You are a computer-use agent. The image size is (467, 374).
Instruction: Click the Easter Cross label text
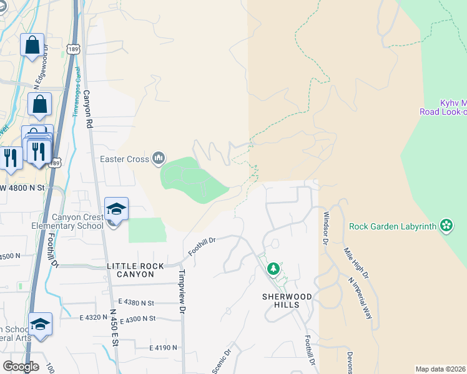125,159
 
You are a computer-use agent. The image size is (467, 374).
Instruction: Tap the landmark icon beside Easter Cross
159,159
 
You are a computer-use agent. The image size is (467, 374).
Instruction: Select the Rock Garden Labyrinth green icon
446,225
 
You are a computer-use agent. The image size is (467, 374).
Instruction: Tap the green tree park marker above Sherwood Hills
273,269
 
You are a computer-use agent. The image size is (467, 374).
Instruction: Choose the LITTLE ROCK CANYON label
135,266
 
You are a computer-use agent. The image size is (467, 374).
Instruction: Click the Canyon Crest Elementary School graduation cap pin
116,209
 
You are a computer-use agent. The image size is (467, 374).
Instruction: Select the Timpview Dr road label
182,291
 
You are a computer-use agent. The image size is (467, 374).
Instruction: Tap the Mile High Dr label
356,263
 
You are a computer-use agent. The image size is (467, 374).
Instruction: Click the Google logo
21,367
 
